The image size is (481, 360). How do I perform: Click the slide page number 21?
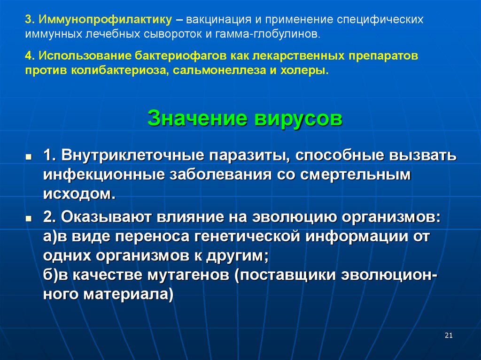pyautogui.click(x=448, y=335)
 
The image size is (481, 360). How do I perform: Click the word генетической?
pyautogui.click(x=247, y=236)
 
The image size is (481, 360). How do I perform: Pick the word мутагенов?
pyautogui.click(x=184, y=275)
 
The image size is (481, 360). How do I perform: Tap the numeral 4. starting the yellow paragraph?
pyautogui.click(x=30, y=56)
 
